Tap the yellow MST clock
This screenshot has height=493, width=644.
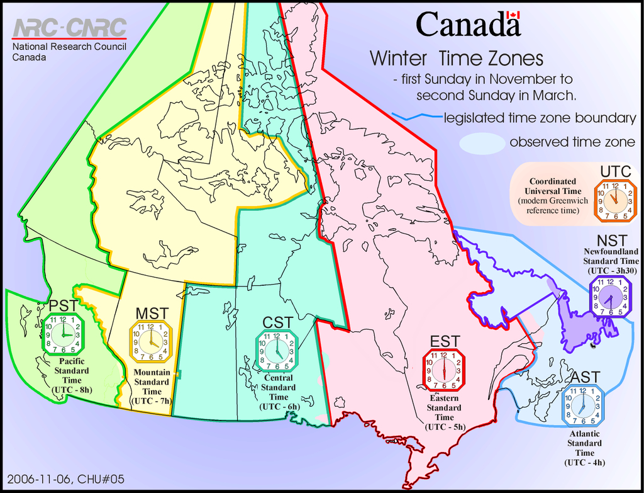point(150,342)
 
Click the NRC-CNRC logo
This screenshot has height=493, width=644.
point(69,28)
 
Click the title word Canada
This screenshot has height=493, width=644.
point(468,25)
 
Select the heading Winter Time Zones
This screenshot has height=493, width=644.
point(456,59)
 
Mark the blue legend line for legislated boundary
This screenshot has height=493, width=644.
point(416,117)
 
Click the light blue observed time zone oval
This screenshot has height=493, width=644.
point(482,143)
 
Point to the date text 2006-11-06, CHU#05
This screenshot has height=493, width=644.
point(66,479)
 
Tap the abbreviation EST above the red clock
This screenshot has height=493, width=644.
point(445,341)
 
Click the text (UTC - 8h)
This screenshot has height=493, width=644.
point(72,390)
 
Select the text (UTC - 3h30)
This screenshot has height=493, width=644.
point(611,270)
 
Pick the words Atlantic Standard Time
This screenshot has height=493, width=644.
point(584,443)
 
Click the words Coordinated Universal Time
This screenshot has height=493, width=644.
point(553,186)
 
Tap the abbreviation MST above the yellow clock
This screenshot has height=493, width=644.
point(151,313)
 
